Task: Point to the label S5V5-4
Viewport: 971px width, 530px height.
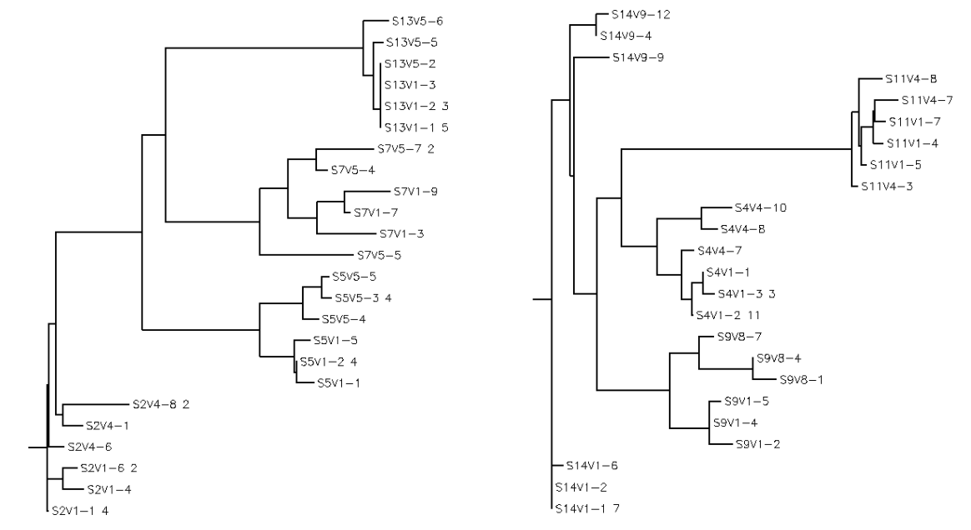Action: tap(345, 318)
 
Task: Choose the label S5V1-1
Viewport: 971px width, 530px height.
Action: tap(339, 382)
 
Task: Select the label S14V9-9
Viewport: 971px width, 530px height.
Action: tap(638, 57)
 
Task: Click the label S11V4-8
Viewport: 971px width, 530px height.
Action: tap(911, 79)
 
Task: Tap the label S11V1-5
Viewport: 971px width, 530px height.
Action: tap(895, 164)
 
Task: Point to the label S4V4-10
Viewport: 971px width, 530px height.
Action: tap(760, 207)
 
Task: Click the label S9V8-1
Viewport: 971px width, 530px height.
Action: tap(802, 380)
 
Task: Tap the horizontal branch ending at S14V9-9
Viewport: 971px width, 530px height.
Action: tap(589, 57)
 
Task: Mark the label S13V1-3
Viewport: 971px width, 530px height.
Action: tap(410, 84)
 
